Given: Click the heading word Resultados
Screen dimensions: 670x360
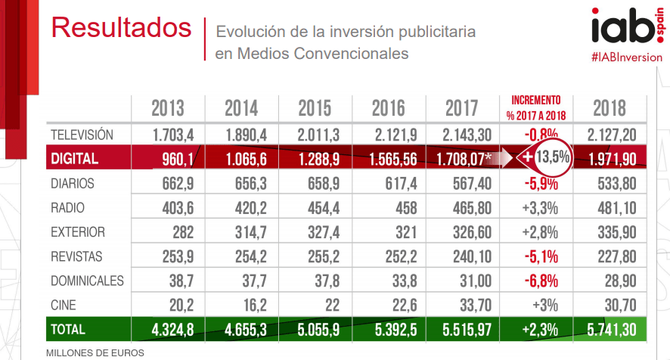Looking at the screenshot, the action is [x=121, y=28].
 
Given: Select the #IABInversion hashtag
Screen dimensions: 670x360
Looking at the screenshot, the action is [x=627, y=57].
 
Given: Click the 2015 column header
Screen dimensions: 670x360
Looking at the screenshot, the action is [x=315, y=108].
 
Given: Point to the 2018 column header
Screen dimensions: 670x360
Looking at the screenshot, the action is [x=610, y=108].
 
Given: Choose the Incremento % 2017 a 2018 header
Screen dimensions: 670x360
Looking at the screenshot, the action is [x=536, y=108].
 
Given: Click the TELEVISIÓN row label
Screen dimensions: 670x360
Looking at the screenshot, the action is [x=82, y=135].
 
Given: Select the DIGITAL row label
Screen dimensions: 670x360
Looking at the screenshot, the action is [x=74, y=159].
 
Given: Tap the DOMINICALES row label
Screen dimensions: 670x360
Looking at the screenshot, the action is [x=87, y=281].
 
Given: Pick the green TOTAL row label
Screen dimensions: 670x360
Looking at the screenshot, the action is [x=68, y=330].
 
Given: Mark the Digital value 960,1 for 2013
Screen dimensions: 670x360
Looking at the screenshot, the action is [x=178, y=160].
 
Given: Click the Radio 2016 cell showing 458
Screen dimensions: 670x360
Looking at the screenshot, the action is [x=406, y=208].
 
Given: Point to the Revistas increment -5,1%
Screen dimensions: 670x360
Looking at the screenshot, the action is [x=541, y=257].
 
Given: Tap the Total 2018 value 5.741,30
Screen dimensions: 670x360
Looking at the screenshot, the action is [x=612, y=330].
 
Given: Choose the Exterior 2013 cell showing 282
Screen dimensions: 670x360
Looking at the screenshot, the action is [x=183, y=233].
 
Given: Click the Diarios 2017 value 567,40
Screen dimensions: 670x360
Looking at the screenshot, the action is [x=472, y=184].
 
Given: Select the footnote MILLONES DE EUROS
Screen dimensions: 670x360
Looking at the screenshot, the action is [x=95, y=353].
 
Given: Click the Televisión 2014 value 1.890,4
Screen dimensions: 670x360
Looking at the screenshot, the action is [x=246, y=135].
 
